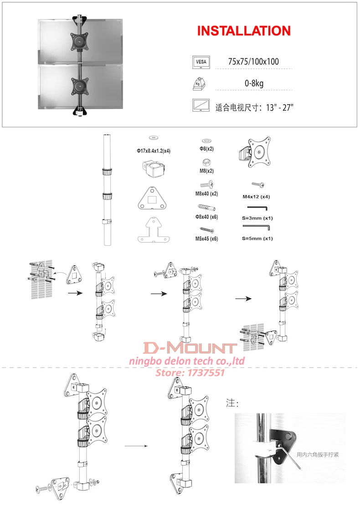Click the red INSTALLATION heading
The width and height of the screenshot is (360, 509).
[x=244, y=31]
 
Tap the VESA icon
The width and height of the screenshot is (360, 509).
[x=201, y=62]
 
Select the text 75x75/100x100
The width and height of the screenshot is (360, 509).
[x=253, y=62]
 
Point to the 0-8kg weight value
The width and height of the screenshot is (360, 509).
[x=254, y=83]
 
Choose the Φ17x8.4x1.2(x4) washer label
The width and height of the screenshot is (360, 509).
[x=154, y=151]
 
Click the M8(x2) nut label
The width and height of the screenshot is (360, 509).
[x=206, y=171]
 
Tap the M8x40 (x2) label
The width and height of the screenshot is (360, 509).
[x=206, y=194]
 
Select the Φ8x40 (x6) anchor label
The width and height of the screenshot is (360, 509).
[x=206, y=217]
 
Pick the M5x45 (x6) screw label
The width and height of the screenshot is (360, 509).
[x=206, y=239]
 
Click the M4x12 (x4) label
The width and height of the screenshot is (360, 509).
[x=256, y=197]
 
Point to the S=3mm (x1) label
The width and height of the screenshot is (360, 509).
[x=257, y=218]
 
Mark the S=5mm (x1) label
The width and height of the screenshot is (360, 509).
[x=257, y=239]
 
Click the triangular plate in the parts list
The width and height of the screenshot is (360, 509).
[x=152, y=198]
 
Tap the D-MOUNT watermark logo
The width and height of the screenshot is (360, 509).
[x=190, y=348]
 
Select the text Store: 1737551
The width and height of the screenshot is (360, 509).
[x=190, y=372]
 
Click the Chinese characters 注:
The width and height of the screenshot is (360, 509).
[x=232, y=403]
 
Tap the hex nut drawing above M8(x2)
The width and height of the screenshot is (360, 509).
[x=207, y=162]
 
